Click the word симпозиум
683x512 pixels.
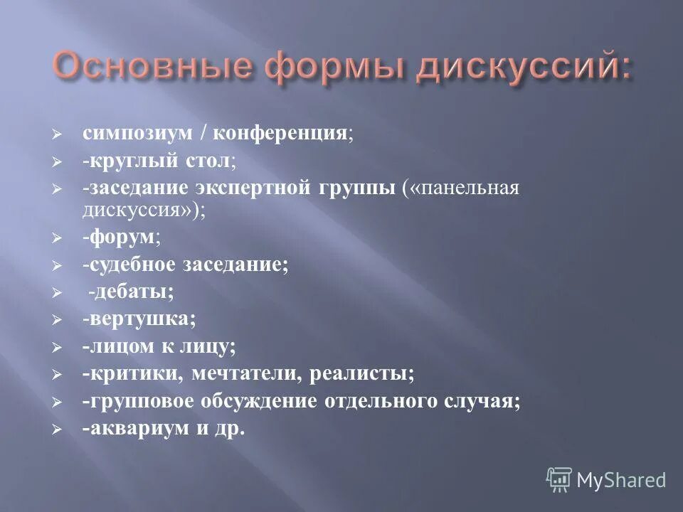click(x=124, y=134)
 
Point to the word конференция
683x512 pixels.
click(x=277, y=134)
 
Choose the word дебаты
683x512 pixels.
click(x=134, y=292)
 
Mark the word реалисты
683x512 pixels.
click(x=366, y=373)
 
